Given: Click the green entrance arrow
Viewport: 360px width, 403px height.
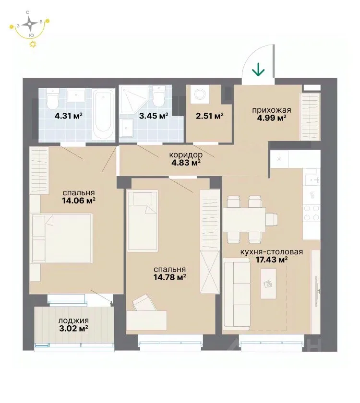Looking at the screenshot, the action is (258, 70).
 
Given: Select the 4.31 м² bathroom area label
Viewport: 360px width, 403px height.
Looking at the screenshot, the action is (68, 116).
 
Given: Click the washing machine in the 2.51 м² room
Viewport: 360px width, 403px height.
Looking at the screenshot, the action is (200, 94).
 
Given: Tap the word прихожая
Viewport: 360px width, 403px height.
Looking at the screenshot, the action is (272, 110).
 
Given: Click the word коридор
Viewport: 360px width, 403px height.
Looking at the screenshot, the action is (186, 154).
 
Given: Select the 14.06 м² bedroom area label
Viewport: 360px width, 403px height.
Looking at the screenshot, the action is (79, 201).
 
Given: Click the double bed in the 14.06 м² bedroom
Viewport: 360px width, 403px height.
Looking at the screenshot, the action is (61, 238).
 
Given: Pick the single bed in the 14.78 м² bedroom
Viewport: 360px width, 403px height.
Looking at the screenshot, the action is (143, 220).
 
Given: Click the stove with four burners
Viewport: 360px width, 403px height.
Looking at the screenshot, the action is (312, 213).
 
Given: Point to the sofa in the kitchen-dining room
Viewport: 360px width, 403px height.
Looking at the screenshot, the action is (237, 294).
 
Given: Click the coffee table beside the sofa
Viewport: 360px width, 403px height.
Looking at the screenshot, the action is (268, 284).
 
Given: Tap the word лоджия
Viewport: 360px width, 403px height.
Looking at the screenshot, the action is (73, 321).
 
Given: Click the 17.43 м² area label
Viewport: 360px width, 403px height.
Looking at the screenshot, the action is (272, 260).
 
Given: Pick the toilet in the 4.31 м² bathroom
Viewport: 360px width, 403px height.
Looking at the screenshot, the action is (53, 99).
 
